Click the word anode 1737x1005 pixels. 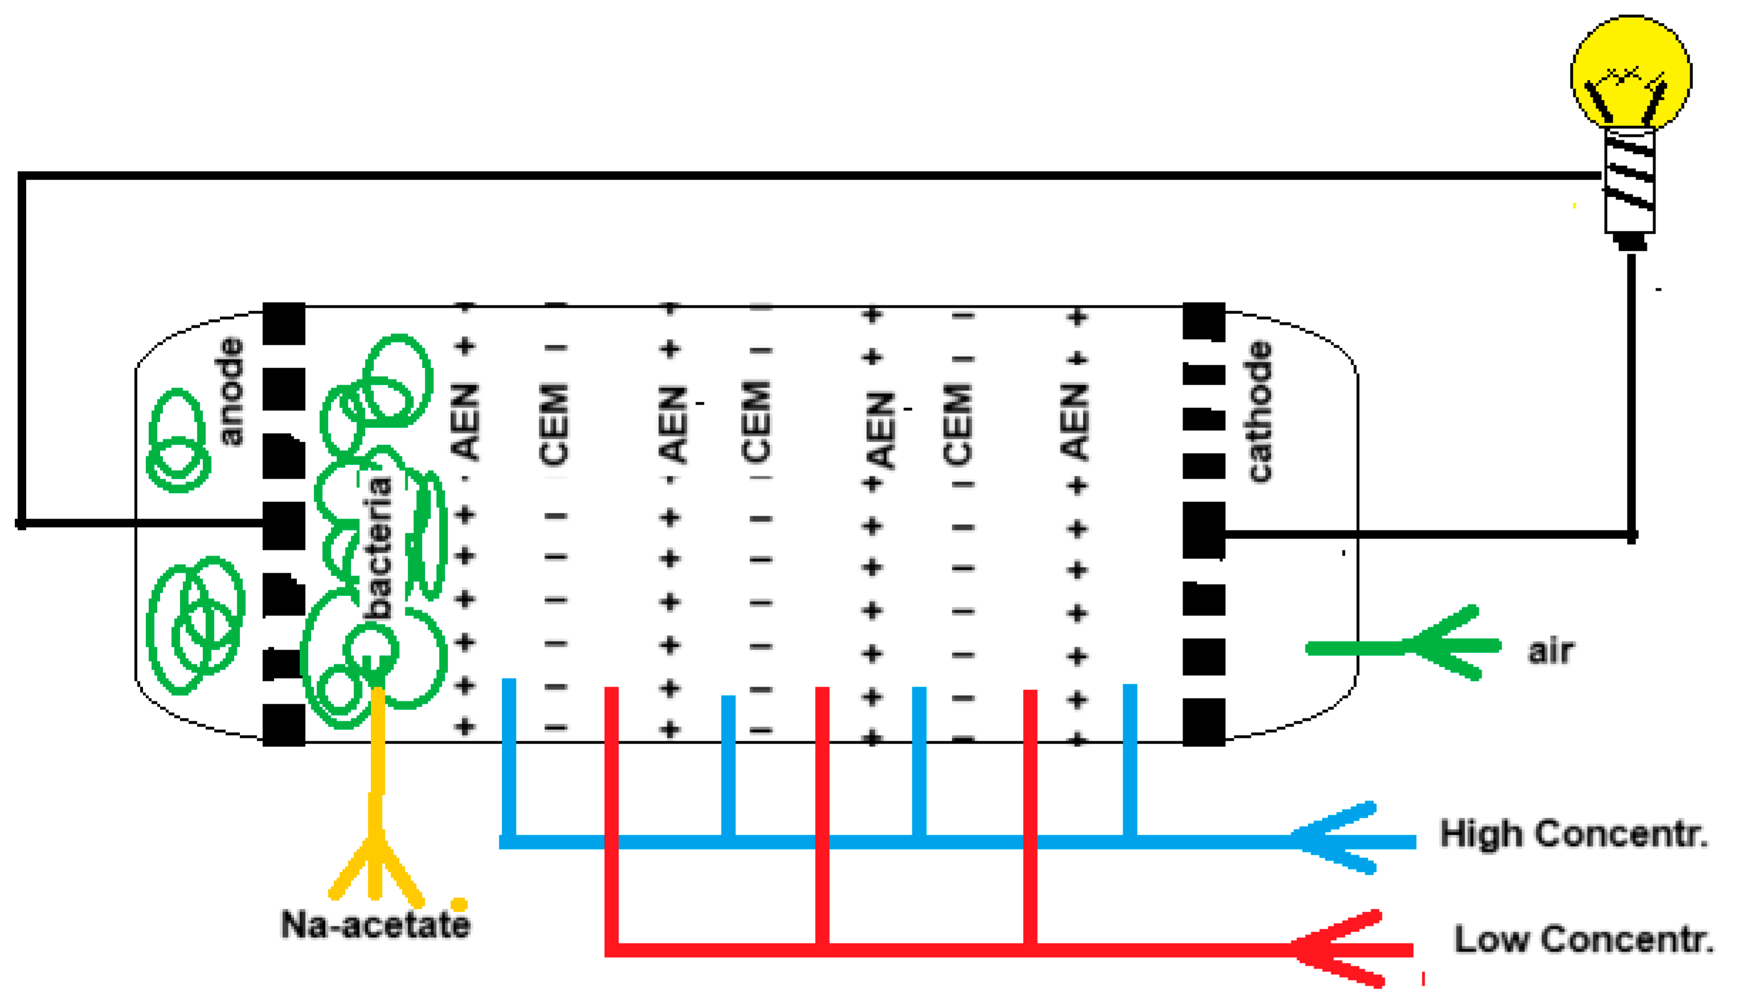[230, 391]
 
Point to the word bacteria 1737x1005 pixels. [379, 548]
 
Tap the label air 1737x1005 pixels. [1551, 651]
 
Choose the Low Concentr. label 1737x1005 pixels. [1584, 939]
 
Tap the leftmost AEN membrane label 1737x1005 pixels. [465, 422]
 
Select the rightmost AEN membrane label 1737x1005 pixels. [1076, 422]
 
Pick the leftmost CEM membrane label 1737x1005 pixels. [555, 423]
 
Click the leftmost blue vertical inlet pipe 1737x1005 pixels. [509, 758]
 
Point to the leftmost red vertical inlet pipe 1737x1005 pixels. [611, 814]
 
